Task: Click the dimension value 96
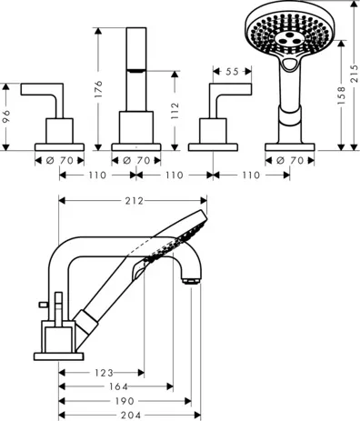6,116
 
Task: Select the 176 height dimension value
98,89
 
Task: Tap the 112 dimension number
175,111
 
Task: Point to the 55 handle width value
232,72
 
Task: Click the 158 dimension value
341,95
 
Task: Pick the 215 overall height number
354,74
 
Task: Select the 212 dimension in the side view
135,201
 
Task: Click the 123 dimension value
104,373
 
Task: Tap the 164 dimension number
118,386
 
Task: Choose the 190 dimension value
125,401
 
